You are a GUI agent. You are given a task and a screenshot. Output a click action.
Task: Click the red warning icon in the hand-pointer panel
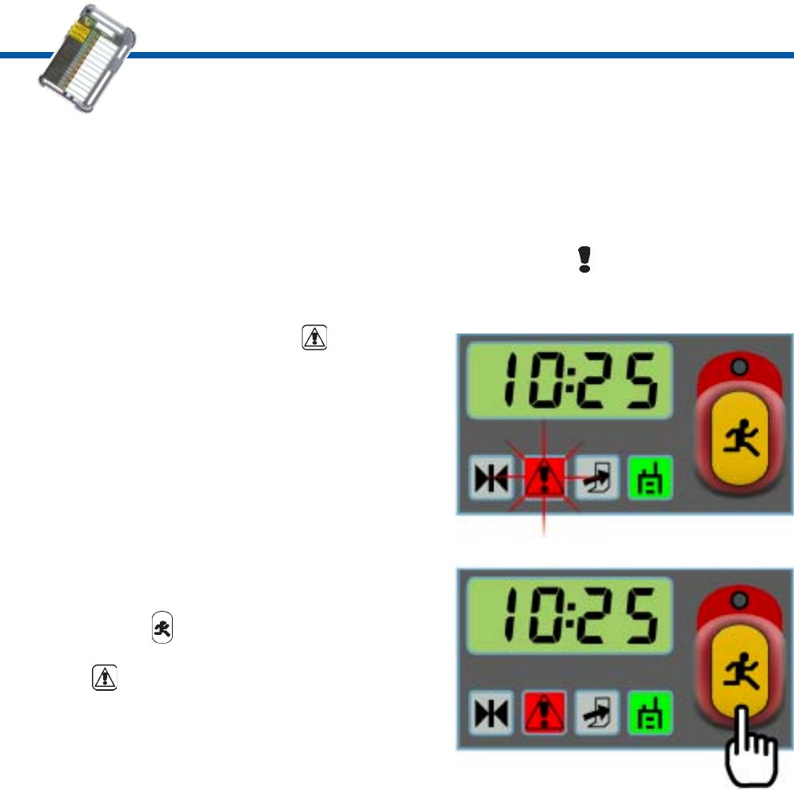point(544,712)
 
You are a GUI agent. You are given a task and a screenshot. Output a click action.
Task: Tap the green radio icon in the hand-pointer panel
point(651,712)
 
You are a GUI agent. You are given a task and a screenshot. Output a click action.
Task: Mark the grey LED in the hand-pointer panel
point(738,600)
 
